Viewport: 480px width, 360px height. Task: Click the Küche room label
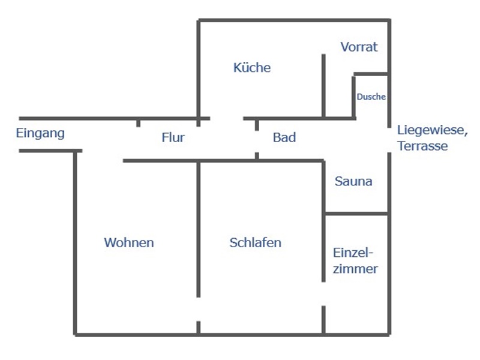pyautogui.click(x=252, y=67)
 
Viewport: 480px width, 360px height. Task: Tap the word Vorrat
pyautogui.click(x=359, y=47)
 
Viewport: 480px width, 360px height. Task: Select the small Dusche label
pyautogui.click(x=371, y=97)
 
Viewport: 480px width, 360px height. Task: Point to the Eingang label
pyautogui.click(x=40, y=133)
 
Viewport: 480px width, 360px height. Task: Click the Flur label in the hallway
pyautogui.click(x=173, y=137)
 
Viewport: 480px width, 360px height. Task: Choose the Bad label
pyautogui.click(x=284, y=137)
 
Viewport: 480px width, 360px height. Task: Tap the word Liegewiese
pyautogui.click(x=433, y=130)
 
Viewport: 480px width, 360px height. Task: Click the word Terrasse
pyautogui.click(x=422, y=146)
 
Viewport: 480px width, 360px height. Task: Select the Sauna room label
pyautogui.click(x=353, y=181)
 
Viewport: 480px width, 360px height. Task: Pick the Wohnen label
pyautogui.click(x=129, y=242)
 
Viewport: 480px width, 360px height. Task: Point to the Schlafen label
pyautogui.click(x=256, y=242)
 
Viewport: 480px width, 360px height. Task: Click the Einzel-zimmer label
pyautogui.click(x=355, y=261)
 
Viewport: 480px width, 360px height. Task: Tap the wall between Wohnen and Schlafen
pyautogui.click(x=199, y=229)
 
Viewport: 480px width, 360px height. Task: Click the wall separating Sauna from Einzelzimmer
pyautogui.click(x=356, y=214)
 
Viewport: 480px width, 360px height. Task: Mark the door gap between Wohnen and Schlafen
pyautogui.click(x=199, y=309)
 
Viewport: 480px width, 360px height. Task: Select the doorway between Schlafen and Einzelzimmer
pyautogui.click(x=323, y=294)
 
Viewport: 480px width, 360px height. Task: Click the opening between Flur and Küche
pyautogui.click(x=227, y=118)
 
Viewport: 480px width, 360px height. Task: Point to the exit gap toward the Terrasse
pyautogui.click(x=389, y=140)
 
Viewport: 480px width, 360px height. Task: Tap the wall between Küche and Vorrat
pyautogui.click(x=323, y=86)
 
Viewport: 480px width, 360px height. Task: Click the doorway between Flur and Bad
pyautogui.click(x=257, y=142)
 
